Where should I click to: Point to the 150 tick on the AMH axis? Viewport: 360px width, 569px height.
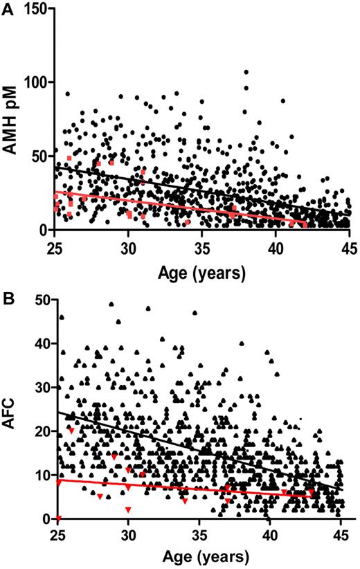41,9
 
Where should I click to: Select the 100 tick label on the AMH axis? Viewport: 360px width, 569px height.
41,82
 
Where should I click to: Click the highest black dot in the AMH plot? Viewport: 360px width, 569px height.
246,72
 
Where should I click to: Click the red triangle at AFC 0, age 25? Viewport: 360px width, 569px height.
59,518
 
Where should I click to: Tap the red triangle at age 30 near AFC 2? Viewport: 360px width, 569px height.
128,509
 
